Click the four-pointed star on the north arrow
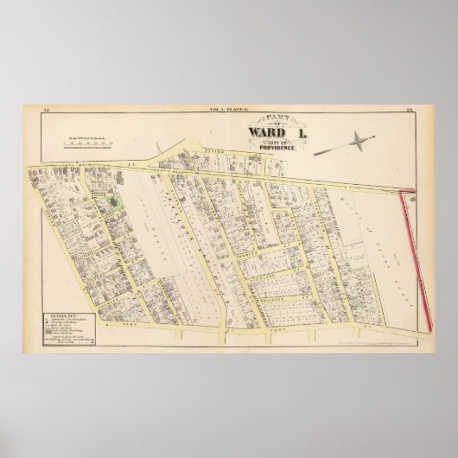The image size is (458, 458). [x=356, y=139]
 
